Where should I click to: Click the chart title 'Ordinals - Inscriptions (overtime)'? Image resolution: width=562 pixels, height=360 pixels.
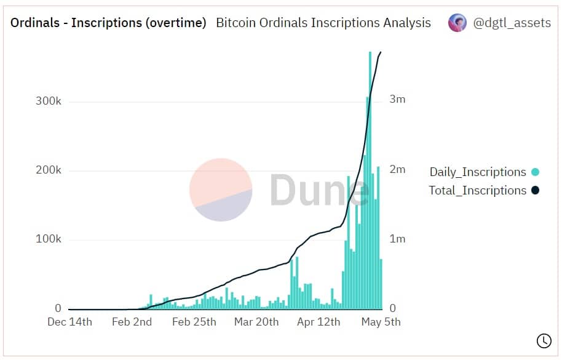pos(108,23)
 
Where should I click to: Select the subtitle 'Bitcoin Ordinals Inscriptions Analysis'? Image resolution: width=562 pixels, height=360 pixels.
pos(323,23)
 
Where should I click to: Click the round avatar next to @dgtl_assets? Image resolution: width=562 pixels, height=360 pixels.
pos(457,23)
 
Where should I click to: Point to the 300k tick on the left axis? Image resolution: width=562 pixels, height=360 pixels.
pos(48,102)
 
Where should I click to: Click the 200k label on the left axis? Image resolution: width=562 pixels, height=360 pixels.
pos(48,170)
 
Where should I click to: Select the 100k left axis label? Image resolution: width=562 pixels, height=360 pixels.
pos(48,239)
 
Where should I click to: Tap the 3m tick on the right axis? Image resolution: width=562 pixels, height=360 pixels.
pos(397,100)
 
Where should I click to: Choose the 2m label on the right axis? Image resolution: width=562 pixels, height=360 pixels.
pos(397,169)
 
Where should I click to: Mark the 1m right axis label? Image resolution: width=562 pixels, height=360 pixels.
pos(397,239)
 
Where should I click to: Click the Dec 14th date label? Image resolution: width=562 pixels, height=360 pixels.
pos(69,322)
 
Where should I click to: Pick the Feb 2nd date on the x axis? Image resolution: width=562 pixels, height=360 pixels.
pos(132,322)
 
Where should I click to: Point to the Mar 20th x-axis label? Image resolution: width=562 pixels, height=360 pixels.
pos(256,322)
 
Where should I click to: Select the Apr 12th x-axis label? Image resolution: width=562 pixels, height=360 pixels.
pos(318,322)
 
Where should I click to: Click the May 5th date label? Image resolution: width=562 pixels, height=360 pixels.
pos(381,322)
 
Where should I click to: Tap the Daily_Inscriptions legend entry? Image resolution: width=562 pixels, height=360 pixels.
pos(478,172)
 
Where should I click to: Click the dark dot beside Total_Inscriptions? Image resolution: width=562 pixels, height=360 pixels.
pos(535,190)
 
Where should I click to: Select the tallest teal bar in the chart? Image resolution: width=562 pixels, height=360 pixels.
pos(370,185)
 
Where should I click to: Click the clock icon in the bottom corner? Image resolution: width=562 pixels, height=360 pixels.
pos(544,340)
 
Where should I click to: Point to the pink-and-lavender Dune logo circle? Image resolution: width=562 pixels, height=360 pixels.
pos(221,190)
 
